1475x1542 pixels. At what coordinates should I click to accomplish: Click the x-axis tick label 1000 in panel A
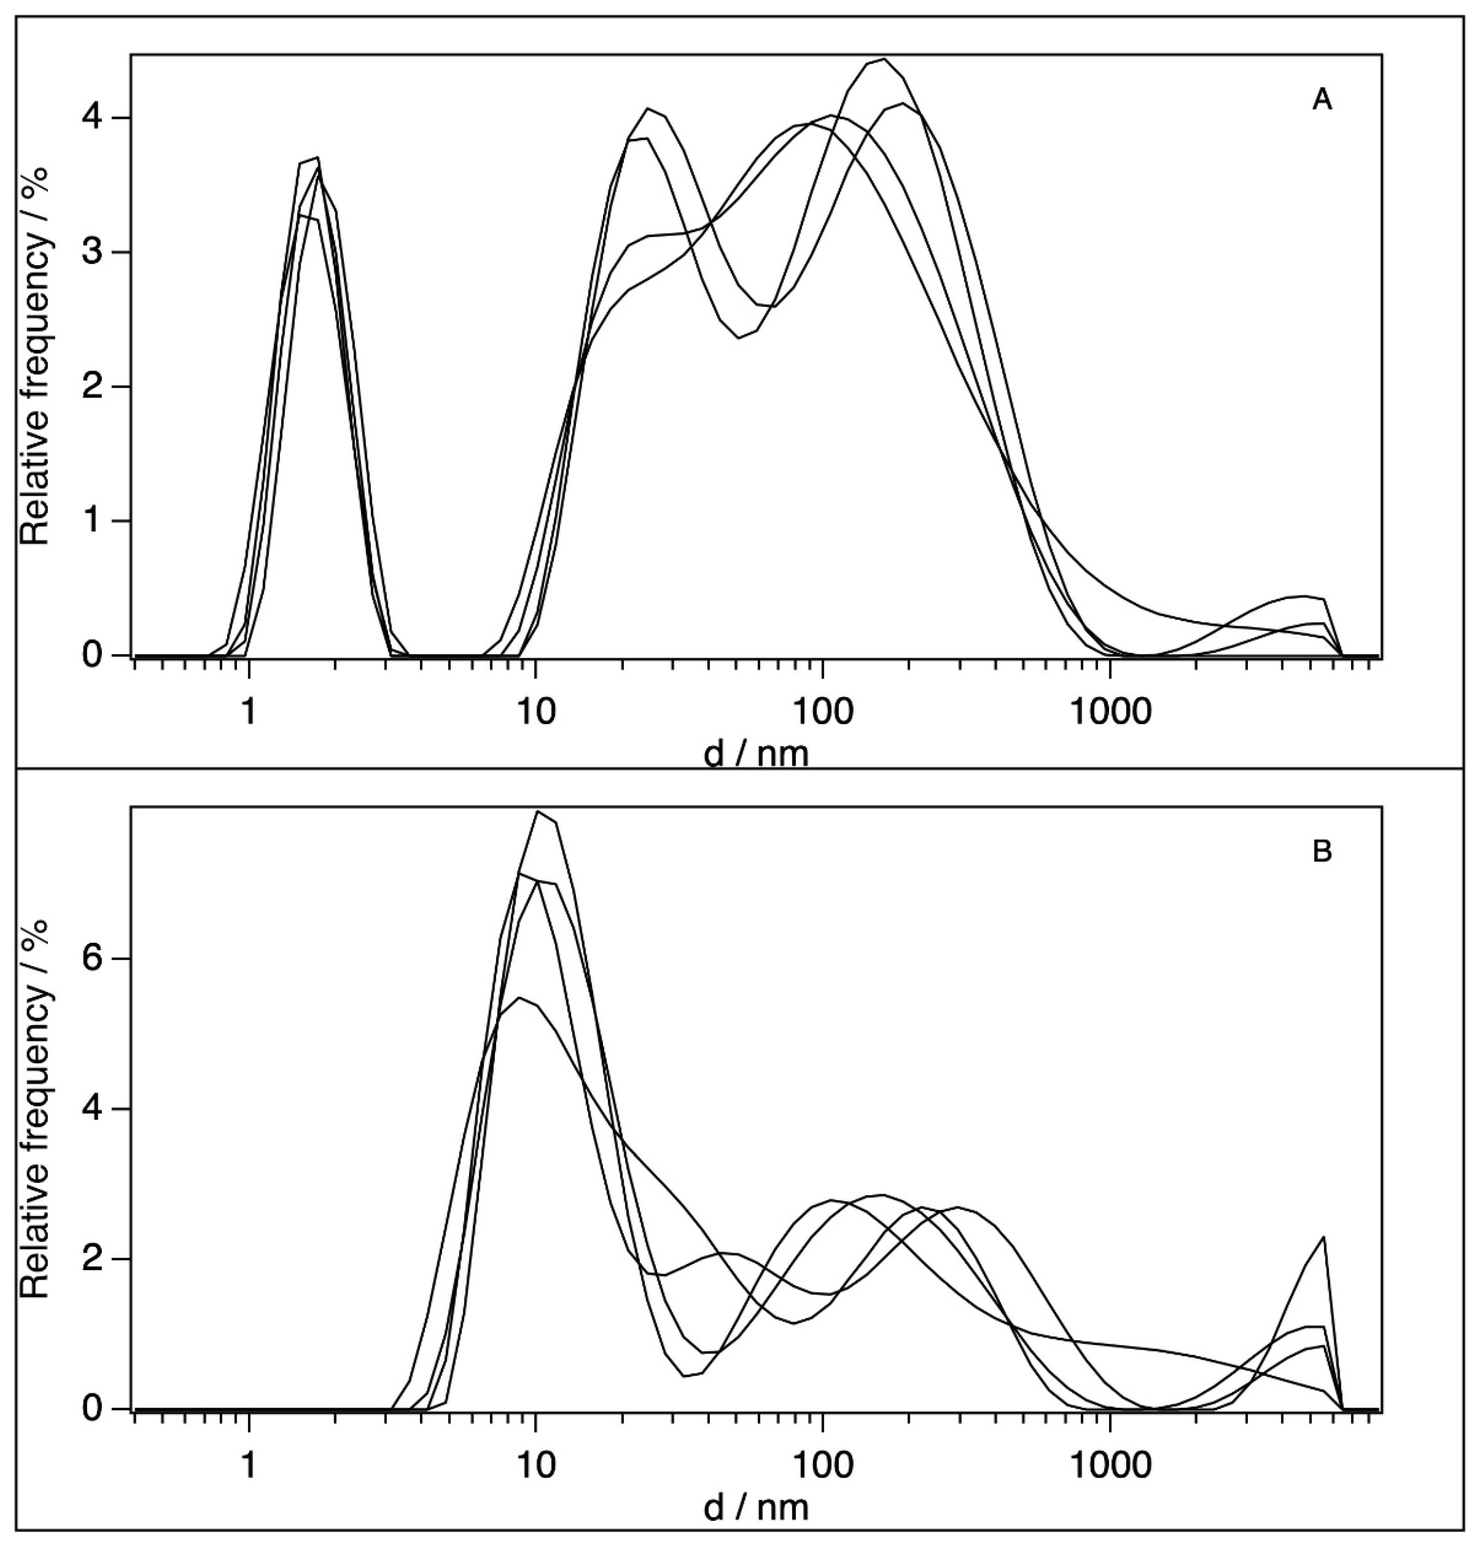1110,712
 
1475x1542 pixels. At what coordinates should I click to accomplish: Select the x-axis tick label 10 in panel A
535,712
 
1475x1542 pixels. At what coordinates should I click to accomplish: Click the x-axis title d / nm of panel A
756,753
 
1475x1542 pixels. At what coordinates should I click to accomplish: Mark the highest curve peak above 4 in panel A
885,59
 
